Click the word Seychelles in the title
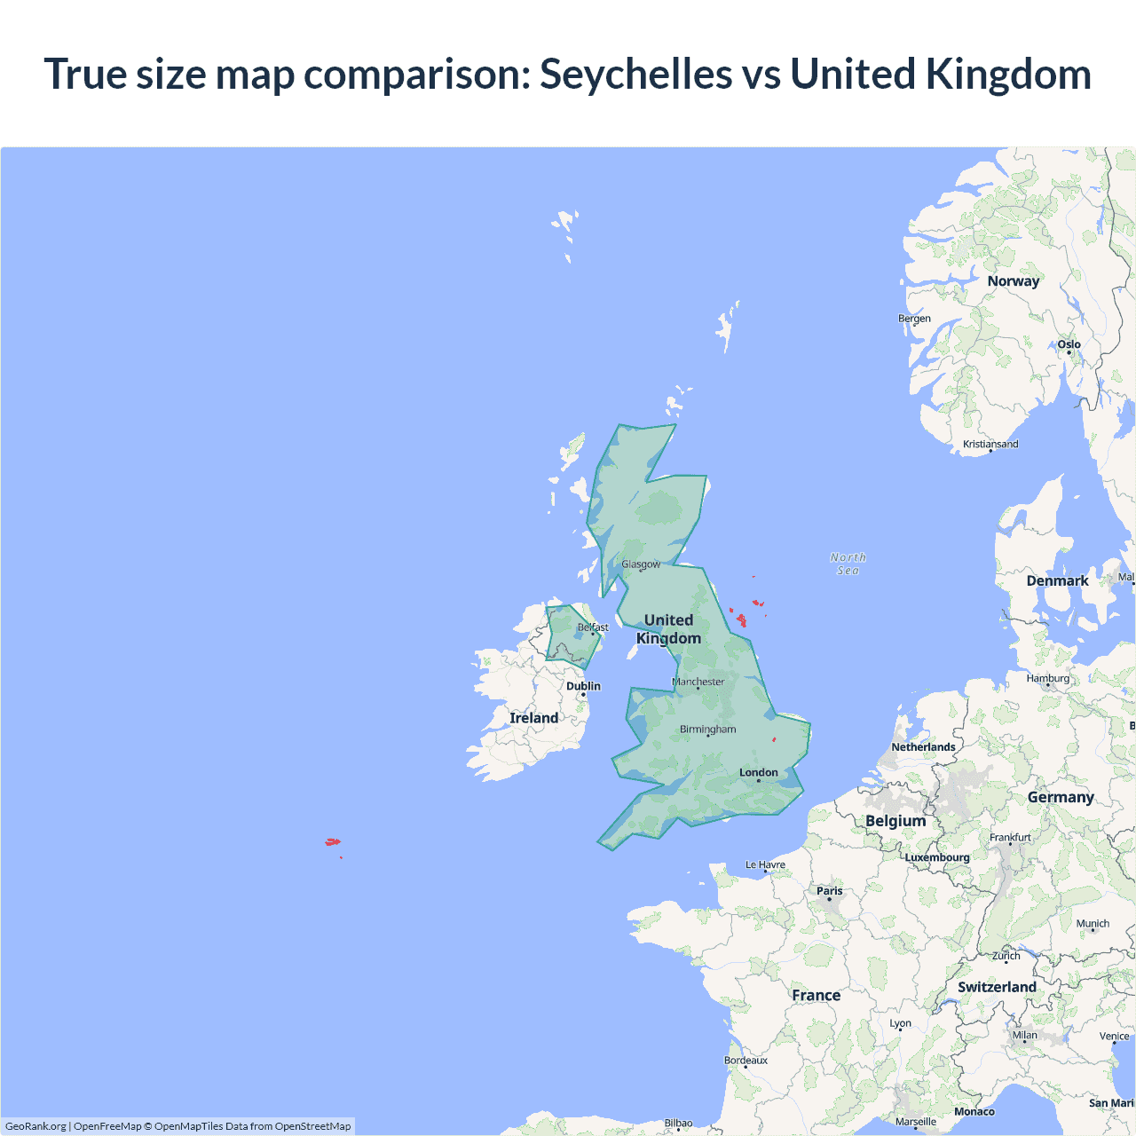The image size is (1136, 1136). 635,74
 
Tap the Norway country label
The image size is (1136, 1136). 1013,281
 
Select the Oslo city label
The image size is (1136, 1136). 1069,344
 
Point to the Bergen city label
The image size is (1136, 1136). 914,319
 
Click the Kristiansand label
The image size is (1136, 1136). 990,444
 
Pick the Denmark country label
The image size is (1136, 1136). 1057,581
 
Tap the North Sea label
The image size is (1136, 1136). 848,564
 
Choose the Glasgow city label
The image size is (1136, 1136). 641,564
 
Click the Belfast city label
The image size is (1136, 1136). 593,627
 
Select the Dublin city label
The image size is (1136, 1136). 583,686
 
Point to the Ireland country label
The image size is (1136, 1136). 533,718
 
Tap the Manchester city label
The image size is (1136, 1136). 698,682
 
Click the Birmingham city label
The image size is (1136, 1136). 707,730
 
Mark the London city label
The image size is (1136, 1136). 758,772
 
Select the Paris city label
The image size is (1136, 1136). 830,891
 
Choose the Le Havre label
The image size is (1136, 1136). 765,864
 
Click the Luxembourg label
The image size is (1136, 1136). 937,857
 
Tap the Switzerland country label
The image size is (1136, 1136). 997,987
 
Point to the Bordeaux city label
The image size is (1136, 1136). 745,1061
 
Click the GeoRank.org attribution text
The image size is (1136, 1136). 35,1126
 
